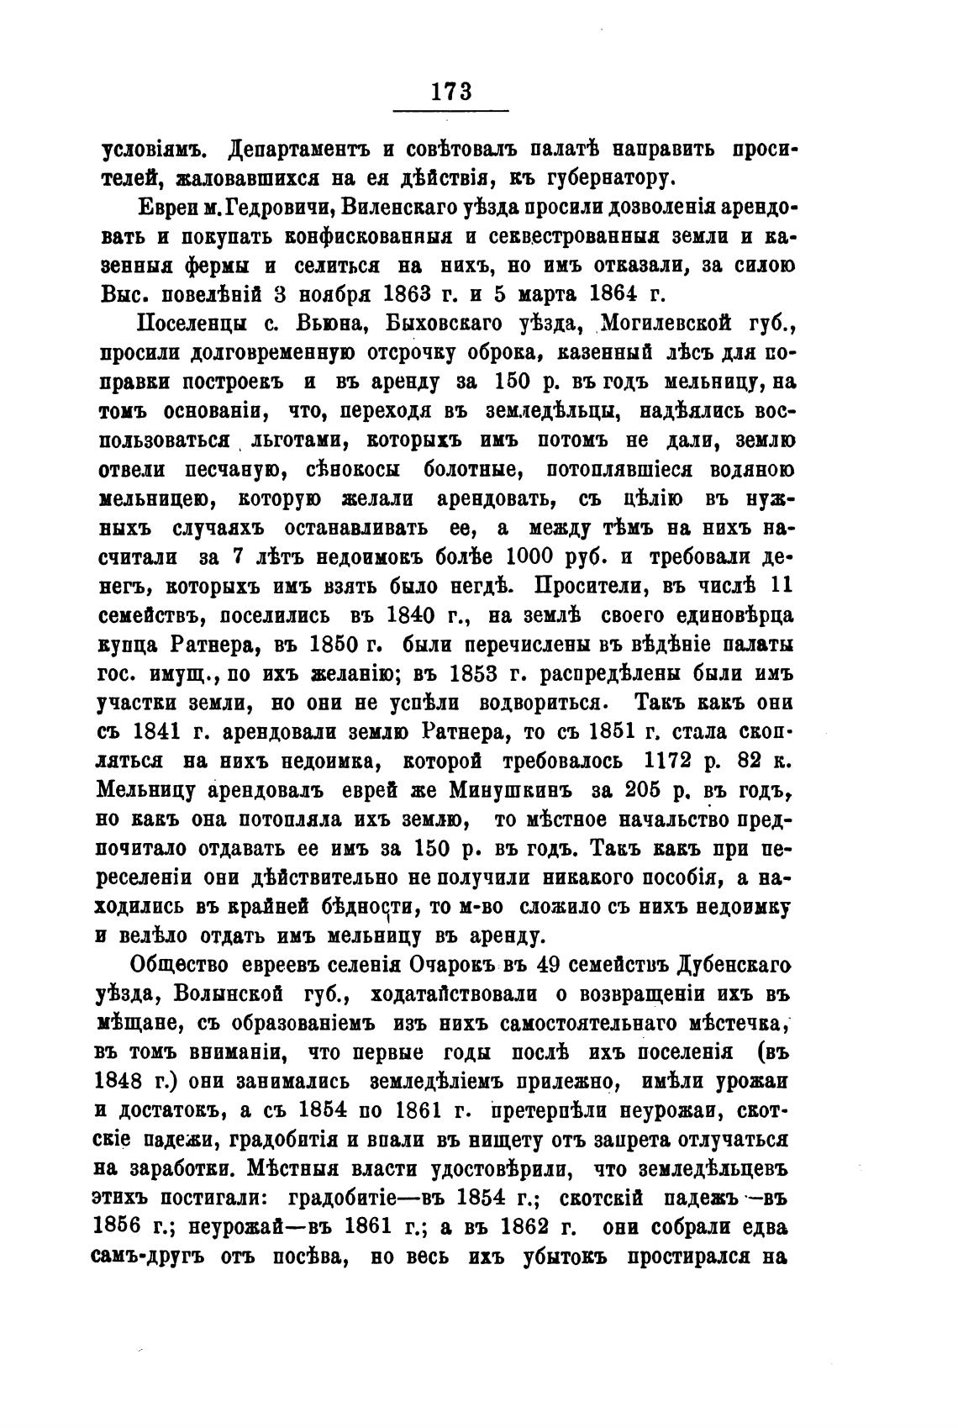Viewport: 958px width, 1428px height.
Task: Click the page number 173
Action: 451,91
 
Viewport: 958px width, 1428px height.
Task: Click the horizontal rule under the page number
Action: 451,110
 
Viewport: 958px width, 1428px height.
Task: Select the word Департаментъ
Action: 287,151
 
